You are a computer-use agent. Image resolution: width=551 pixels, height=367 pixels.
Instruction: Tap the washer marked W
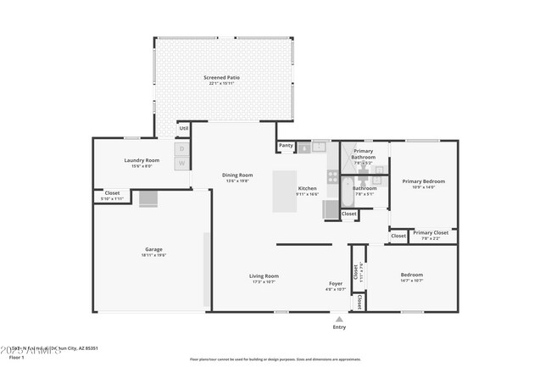[181, 163]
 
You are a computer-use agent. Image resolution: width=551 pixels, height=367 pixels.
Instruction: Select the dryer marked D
[181, 149]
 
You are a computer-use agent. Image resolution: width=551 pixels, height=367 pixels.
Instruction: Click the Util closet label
[183, 128]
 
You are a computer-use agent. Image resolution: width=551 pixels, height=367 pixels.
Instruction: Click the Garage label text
[153, 249]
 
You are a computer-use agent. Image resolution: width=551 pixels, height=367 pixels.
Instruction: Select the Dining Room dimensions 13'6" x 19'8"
[238, 181]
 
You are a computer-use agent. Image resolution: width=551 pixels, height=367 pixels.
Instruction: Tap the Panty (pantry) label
[286, 145]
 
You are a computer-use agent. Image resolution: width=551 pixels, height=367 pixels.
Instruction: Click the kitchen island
[285, 192]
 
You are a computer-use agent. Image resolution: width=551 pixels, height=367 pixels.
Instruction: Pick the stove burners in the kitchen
[333, 177]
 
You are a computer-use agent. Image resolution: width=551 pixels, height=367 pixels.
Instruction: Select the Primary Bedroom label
[423, 181]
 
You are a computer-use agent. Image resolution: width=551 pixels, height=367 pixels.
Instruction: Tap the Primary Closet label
[431, 232]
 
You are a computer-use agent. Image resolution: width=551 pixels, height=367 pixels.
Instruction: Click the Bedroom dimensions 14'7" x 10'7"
[411, 281]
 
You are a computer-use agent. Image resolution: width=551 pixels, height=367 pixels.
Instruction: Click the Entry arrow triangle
[339, 319]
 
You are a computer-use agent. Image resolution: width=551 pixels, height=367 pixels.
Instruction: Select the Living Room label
[264, 275]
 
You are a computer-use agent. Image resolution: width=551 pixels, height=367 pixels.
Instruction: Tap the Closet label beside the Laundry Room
[112, 192]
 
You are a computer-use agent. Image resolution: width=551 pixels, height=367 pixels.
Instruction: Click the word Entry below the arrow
[339, 327]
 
